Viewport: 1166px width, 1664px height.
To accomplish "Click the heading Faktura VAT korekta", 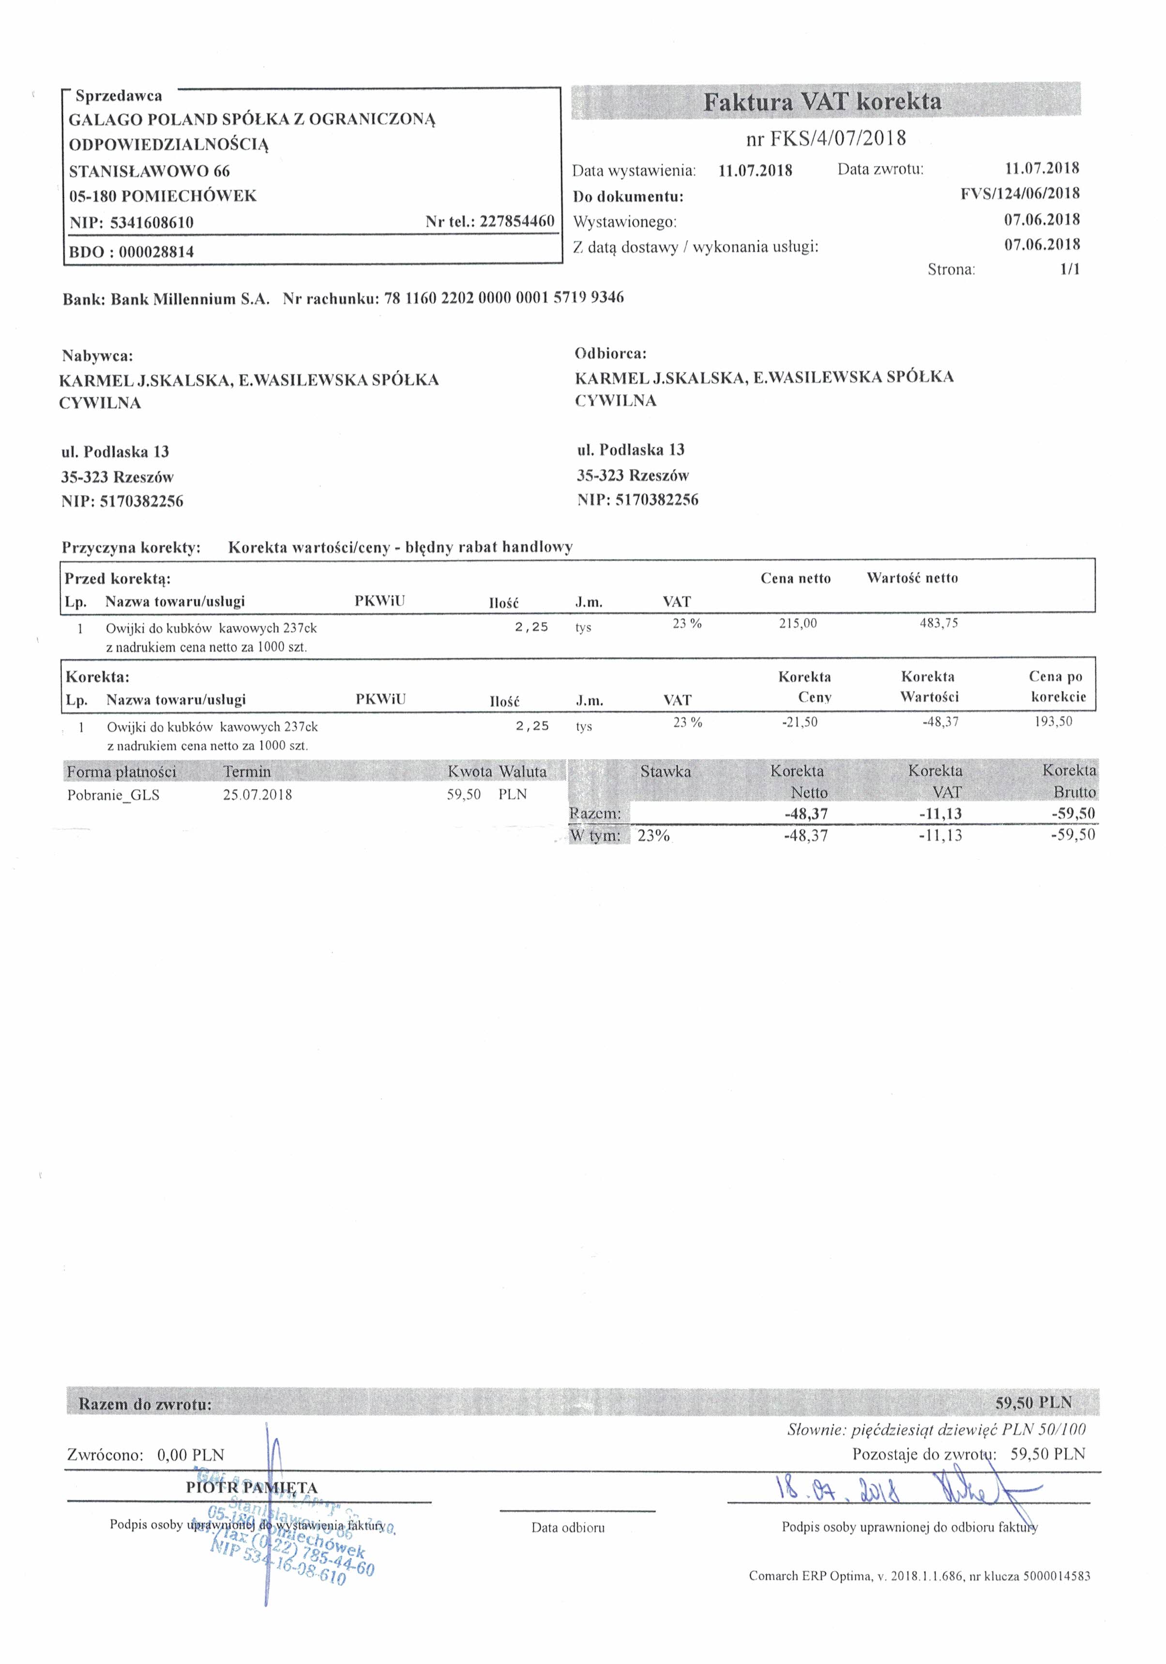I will [x=822, y=102].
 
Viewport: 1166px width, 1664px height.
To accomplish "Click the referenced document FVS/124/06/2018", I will [x=1020, y=194].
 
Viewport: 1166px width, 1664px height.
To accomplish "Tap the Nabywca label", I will [x=97, y=356].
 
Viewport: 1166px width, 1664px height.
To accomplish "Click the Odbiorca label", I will [x=610, y=354].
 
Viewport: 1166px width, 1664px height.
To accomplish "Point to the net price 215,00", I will [x=797, y=623].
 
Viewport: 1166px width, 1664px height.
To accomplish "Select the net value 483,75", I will [x=939, y=623].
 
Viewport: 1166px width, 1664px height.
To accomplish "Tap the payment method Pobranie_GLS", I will [x=113, y=795].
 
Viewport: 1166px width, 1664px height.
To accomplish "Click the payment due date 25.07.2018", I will [x=257, y=795].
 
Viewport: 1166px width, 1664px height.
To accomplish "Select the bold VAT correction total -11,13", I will [x=940, y=814].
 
